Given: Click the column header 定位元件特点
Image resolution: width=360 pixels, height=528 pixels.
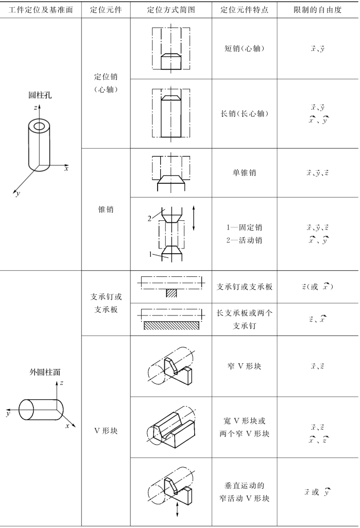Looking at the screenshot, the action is [245, 10].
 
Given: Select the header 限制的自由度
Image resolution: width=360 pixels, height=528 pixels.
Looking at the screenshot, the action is [318, 10].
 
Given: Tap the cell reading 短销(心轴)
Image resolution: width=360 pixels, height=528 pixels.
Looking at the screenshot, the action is [245, 48].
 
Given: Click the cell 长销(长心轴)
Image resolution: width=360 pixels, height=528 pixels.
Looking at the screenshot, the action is [245, 114].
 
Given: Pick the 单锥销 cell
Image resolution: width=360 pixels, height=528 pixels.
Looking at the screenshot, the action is [245, 173].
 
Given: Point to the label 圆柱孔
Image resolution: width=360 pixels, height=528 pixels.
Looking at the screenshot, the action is [40, 95].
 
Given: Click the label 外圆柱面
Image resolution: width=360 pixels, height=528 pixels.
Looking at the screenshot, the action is [45, 372].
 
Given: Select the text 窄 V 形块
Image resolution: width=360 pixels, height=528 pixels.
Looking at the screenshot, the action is [245, 366].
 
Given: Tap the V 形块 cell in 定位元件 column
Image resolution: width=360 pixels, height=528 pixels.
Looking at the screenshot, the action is [106, 431].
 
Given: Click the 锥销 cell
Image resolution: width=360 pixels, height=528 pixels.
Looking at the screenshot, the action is [106, 209].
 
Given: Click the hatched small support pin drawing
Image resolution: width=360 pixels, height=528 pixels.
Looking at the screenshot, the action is [171, 293].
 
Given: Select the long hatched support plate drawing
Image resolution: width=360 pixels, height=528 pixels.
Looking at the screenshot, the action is [171, 325].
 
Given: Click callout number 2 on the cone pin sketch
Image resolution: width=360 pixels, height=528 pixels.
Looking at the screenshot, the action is [150, 219].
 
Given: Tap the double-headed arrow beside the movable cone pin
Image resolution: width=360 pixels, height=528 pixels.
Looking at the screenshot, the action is [194, 218].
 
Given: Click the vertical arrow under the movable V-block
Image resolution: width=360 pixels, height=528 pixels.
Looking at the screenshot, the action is [177, 511].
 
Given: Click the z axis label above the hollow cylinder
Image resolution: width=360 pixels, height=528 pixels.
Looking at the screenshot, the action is [35, 108].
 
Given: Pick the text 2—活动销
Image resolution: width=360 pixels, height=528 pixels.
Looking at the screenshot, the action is [245, 240].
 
